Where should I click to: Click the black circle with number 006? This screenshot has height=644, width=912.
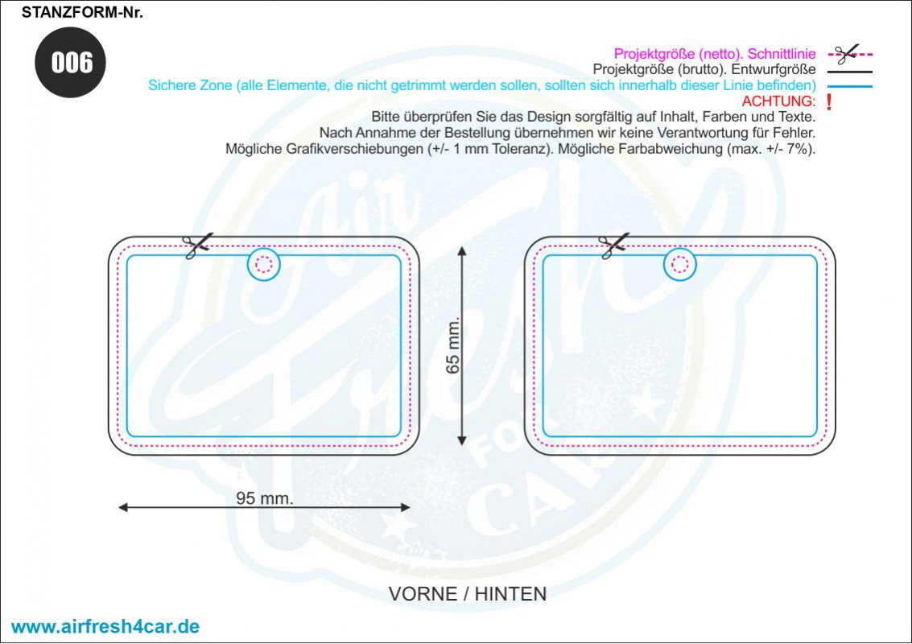[x=70, y=62]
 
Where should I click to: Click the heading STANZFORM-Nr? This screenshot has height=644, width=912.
[x=82, y=13]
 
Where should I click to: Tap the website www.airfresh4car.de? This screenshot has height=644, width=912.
[x=105, y=626]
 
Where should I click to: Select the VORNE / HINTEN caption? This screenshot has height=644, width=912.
[x=468, y=594]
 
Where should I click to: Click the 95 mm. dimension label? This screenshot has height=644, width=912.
[x=265, y=498]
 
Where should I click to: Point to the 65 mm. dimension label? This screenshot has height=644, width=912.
[x=452, y=345]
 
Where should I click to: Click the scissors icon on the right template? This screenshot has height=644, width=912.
[x=613, y=245]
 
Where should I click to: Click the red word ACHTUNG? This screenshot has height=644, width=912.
[x=779, y=101]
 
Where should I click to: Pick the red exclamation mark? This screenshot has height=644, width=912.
[x=829, y=101]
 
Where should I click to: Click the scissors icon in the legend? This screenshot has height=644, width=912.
[x=848, y=54]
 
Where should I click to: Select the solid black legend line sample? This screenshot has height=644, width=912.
[x=850, y=72]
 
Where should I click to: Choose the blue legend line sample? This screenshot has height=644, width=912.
[x=850, y=87]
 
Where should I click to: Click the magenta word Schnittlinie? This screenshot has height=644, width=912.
[x=782, y=54]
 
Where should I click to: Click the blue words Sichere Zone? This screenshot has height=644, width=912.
[x=190, y=85]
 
